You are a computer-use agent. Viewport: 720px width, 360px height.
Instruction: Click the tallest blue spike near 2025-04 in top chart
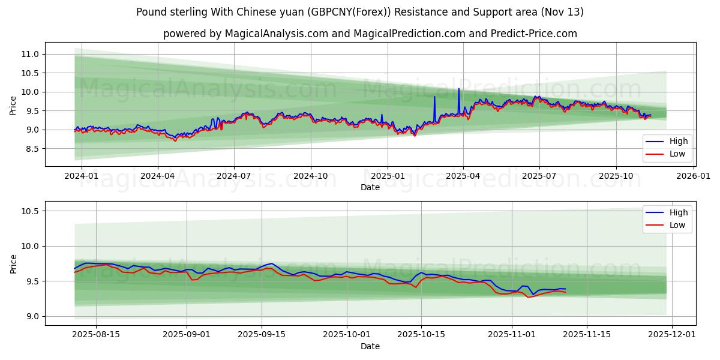click(x=459, y=89)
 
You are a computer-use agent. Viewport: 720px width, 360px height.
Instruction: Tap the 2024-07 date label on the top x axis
click(x=233, y=176)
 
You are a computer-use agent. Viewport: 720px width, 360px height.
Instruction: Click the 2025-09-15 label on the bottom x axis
click(x=262, y=335)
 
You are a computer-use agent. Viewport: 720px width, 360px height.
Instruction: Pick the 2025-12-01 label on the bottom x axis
click(x=672, y=335)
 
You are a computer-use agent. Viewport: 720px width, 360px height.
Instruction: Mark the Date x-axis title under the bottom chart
click(x=370, y=346)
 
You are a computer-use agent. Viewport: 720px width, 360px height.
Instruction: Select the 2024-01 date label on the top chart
click(x=81, y=176)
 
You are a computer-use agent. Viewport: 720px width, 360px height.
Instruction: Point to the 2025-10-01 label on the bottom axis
click(x=347, y=335)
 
